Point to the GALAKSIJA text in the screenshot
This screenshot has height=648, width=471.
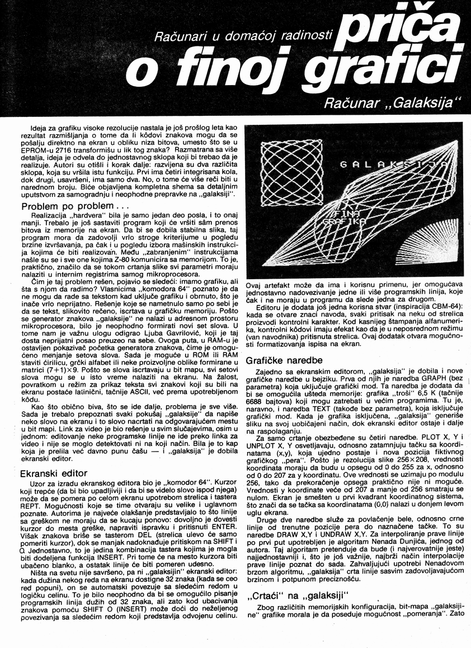point(392,165)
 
